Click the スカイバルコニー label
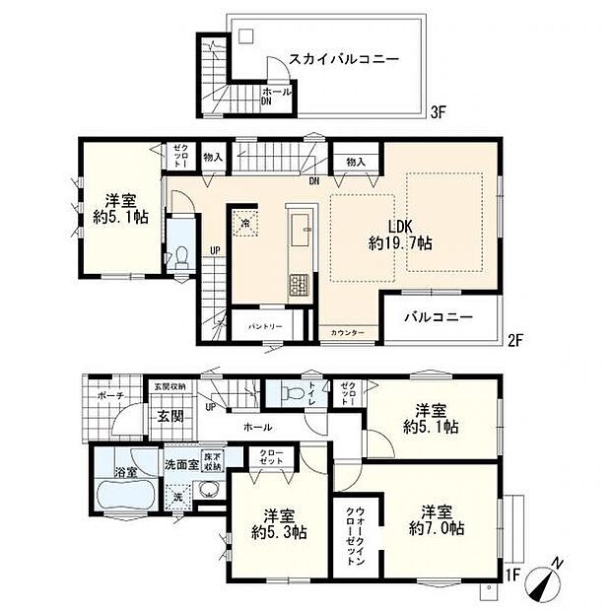(343, 60)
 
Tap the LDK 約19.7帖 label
(400, 234)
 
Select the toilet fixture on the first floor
(292, 393)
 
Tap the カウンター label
(347, 333)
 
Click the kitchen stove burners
(298, 285)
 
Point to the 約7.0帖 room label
(437, 519)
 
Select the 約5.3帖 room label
(278, 522)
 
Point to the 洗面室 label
(180, 463)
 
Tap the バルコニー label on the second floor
(441, 317)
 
